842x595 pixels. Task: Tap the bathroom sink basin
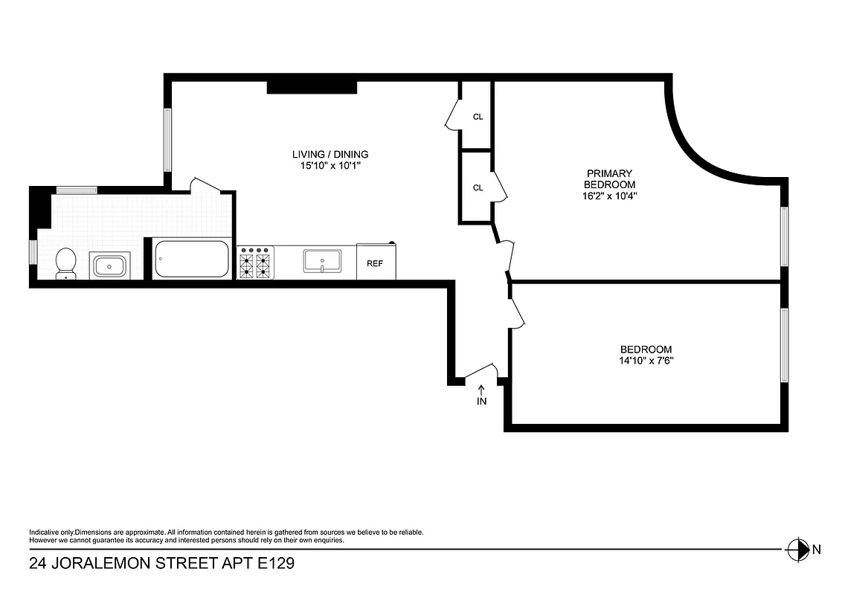click(110, 265)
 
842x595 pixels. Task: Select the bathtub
click(191, 259)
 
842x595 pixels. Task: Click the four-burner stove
click(254, 263)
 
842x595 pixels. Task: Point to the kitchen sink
click(322, 261)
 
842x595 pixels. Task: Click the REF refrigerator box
click(376, 263)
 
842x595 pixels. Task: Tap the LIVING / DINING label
click(330, 155)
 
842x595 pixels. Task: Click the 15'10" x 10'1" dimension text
click(330, 166)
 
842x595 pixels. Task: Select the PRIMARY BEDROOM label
click(609, 178)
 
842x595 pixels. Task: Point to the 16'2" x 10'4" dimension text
click(609, 196)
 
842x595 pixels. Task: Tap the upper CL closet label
click(478, 117)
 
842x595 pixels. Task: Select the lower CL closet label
click(478, 187)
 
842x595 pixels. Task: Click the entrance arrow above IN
click(481, 388)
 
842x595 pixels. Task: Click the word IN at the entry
click(481, 402)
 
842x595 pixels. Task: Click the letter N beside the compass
click(816, 550)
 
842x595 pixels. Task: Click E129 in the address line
click(276, 564)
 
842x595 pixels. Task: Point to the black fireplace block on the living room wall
click(312, 87)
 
